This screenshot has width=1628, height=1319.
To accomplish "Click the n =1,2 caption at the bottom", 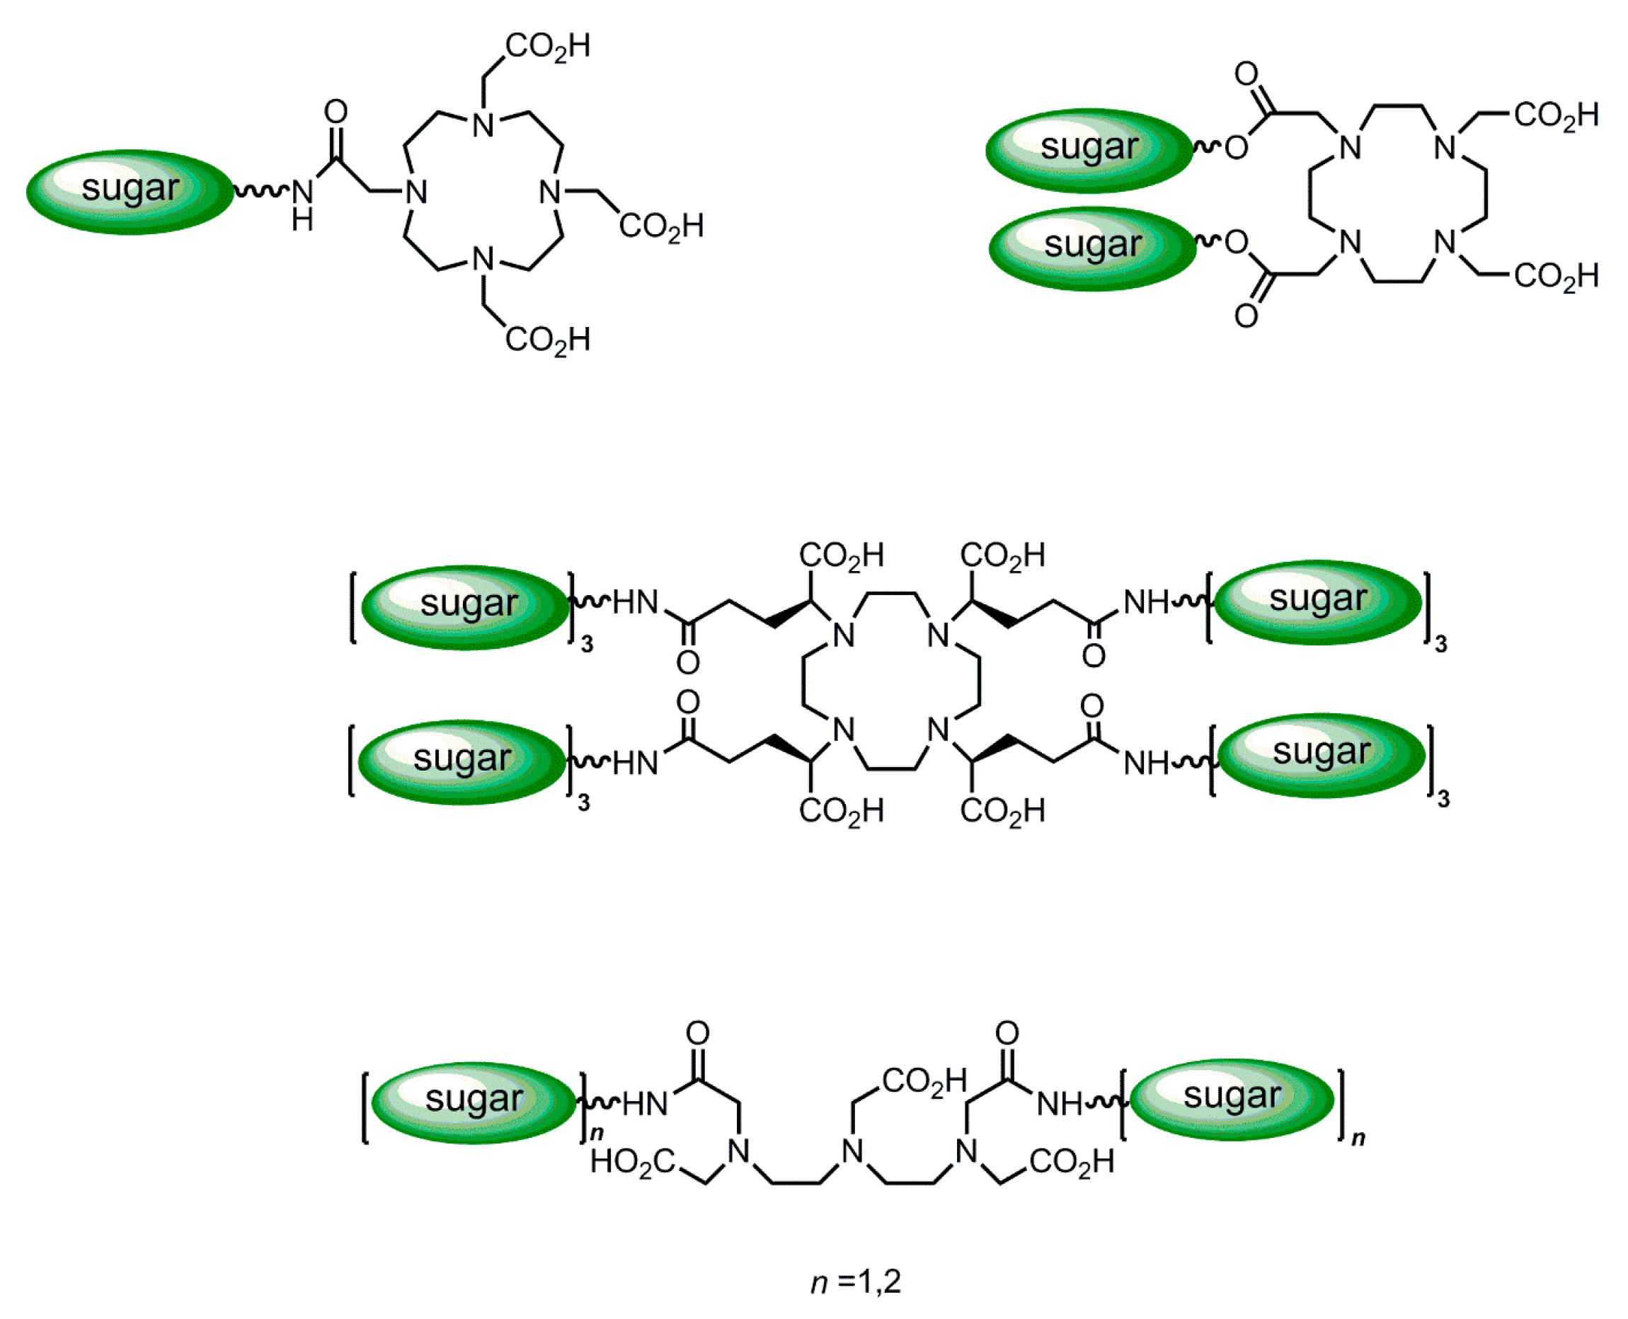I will [x=855, y=1281].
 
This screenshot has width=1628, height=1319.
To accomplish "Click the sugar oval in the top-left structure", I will [x=130, y=192].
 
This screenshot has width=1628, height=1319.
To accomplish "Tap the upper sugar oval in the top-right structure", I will [x=1089, y=150].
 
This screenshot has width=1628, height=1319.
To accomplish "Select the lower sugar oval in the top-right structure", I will [x=1092, y=248].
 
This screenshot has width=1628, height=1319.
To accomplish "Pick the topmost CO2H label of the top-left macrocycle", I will [x=547, y=47].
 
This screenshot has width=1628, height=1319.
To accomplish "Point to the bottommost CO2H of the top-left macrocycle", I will [x=547, y=340].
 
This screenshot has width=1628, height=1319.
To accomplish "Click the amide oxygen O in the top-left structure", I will [x=336, y=112].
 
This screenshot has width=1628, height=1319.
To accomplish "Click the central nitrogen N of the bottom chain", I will [x=853, y=1152].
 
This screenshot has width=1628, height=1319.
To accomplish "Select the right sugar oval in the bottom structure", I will [x=1231, y=1099].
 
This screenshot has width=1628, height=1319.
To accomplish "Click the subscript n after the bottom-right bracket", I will [x=1358, y=1137].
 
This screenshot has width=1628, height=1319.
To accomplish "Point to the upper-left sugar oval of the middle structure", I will [x=466, y=606].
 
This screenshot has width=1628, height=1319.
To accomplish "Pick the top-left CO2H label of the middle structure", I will [x=841, y=555].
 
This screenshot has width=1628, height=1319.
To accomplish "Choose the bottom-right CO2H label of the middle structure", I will [x=1002, y=811].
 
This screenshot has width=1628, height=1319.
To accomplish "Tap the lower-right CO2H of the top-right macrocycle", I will [x=1556, y=276].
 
